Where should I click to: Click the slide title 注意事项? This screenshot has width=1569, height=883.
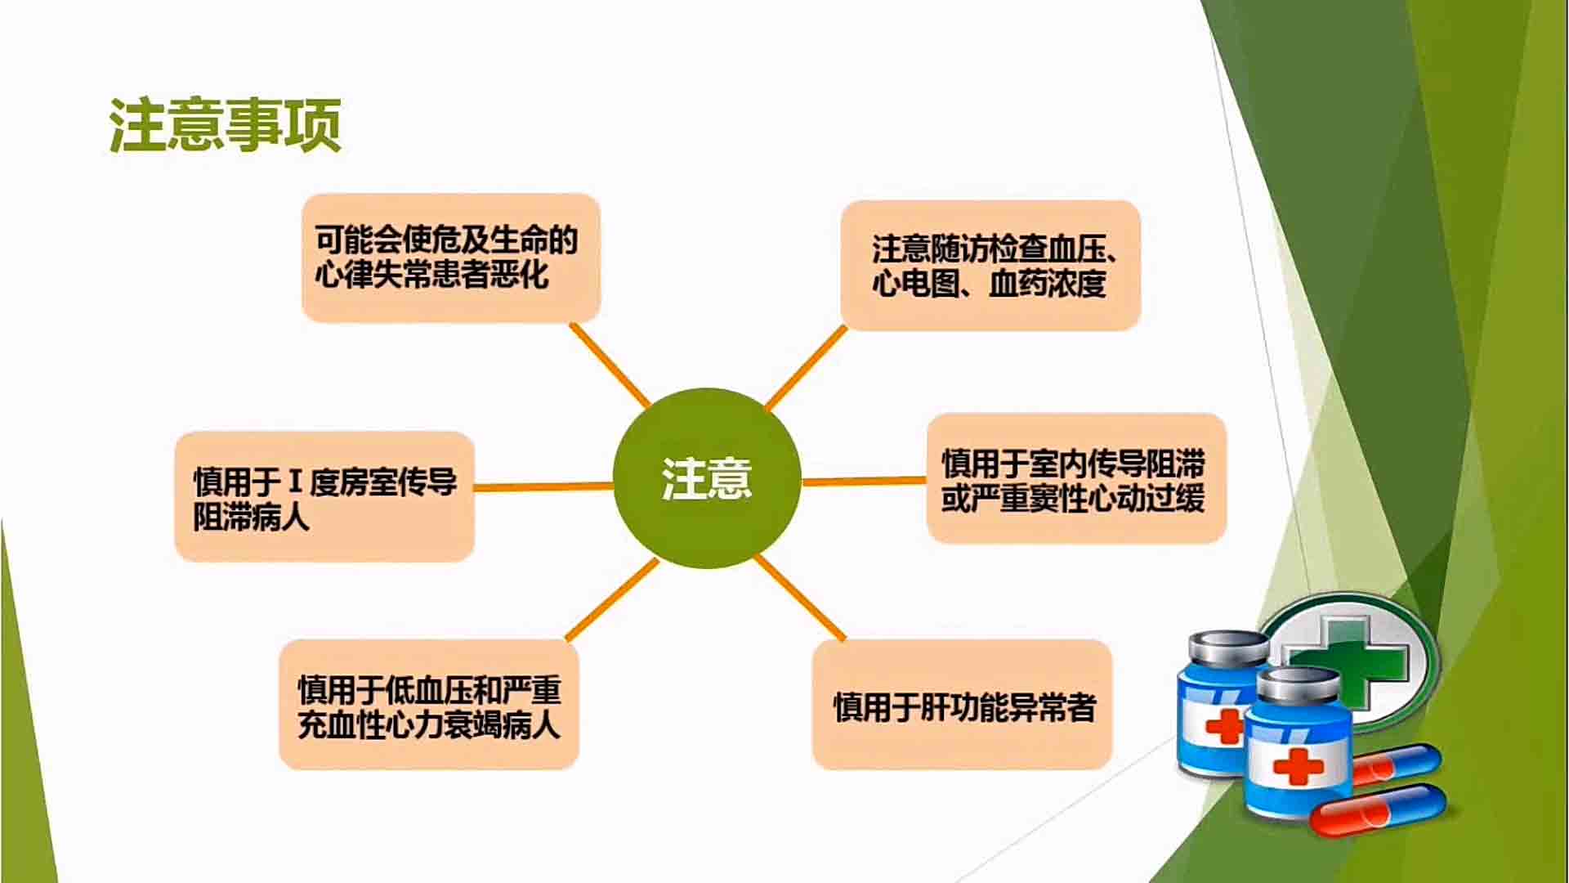coord(225,125)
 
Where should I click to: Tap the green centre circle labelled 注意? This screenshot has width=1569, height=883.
coord(707,478)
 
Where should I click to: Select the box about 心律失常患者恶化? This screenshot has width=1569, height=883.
coord(451,258)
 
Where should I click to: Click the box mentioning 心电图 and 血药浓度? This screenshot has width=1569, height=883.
coord(990,266)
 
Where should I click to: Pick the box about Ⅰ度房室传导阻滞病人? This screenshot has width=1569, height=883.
coord(324,496)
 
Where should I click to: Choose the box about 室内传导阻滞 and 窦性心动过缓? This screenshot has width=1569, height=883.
coord(1076,478)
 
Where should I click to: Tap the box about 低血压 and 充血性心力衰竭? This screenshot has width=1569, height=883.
coord(429,705)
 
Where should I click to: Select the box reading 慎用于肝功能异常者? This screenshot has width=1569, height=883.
coord(963,705)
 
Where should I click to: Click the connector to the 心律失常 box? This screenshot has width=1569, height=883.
coord(610,365)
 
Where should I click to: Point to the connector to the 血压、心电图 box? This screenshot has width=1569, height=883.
coord(806,368)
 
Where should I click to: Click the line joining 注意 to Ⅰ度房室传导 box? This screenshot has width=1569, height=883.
coord(543,486)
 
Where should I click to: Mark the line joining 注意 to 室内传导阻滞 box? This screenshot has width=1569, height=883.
coord(864,481)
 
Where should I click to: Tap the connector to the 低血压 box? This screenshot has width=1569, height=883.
coord(612,600)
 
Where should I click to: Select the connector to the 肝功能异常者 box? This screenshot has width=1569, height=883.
coord(799,598)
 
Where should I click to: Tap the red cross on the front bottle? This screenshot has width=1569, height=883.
coord(1298,766)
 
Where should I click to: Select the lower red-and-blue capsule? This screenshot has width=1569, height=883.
coord(1381,809)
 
